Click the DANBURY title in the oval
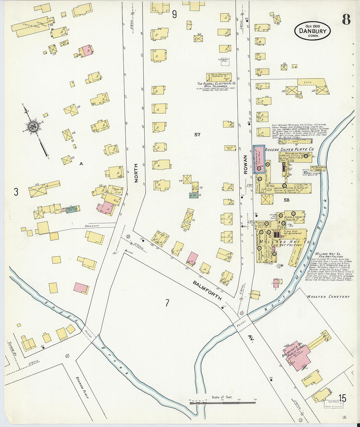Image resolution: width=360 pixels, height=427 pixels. [313, 31]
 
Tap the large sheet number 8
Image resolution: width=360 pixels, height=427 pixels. [346, 20]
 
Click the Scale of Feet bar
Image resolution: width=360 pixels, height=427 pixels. [222, 402]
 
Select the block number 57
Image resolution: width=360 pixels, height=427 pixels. [197, 134]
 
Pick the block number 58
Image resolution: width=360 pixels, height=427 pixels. [286, 200]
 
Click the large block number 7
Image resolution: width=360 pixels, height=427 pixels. [167, 303]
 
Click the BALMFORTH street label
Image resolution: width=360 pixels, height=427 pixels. [207, 290]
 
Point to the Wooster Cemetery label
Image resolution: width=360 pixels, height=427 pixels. [328, 297]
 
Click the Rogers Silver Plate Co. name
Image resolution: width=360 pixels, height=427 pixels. [289, 149]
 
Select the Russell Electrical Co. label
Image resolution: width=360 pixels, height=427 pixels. [216, 83]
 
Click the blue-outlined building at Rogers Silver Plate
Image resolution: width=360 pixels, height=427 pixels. [259, 159]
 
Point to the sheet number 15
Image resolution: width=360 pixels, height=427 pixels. [342, 398]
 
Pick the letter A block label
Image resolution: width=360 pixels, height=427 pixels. [81, 164]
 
